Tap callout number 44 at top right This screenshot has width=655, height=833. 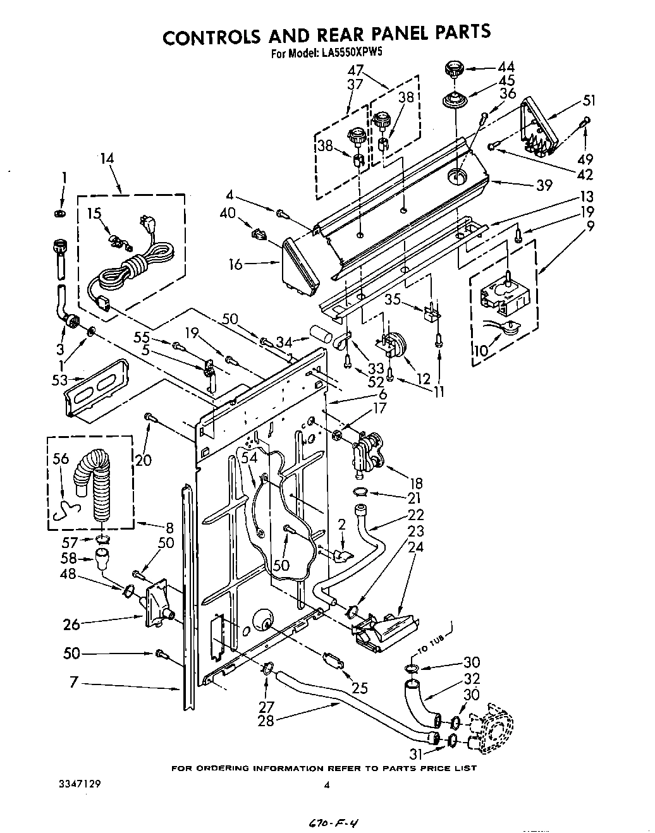coord(506,67)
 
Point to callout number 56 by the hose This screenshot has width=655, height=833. coord(61,459)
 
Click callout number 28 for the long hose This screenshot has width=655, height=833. coord(266,721)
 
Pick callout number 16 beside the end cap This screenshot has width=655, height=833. coord(236,264)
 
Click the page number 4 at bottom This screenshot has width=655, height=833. coord(327,785)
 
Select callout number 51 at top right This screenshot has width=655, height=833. coord(589,100)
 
